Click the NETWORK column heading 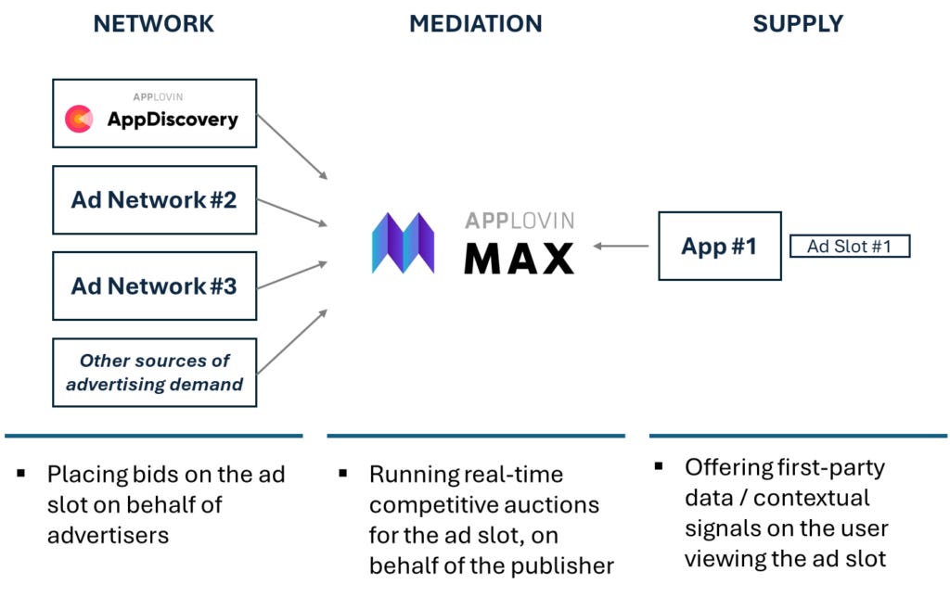154,24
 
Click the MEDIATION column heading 475,24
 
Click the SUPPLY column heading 798,24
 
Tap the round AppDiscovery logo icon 79,119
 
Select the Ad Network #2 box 154,199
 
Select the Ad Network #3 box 154,286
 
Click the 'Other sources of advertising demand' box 154,373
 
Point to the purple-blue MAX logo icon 404,243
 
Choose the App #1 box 719,246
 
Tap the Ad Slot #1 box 849,246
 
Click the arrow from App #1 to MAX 622,246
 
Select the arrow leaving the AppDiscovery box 292,146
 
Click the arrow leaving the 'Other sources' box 292,341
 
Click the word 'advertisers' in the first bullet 108,535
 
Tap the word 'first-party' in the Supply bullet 830,467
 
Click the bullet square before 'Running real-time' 343,474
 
